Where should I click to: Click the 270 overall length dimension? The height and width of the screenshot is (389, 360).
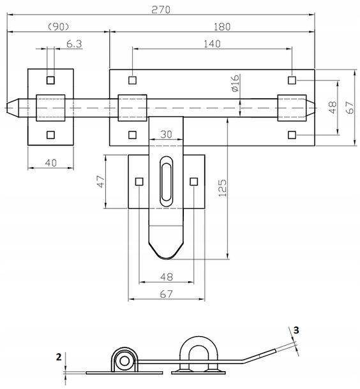pyautogui.click(x=161, y=10)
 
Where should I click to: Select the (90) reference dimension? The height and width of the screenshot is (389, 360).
pyautogui.click(x=58, y=27)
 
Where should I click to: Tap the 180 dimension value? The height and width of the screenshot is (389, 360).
pyautogui.click(x=222, y=27)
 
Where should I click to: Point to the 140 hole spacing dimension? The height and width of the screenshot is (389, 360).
pyautogui.click(x=212, y=44)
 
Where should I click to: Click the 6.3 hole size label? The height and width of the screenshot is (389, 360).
pyautogui.click(x=74, y=44)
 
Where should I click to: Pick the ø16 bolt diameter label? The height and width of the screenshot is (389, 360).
pyautogui.click(x=235, y=83)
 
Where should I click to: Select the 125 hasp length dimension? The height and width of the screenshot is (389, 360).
pyautogui.click(x=223, y=188)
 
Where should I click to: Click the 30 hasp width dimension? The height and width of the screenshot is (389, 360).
pyautogui.click(x=166, y=135)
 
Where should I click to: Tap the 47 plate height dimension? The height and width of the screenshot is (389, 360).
pyautogui.click(x=101, y=181)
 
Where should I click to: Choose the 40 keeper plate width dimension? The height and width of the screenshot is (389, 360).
pyautogui.click(x=50, y=163)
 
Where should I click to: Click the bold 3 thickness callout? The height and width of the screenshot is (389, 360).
pyautogui.click(x=296, y=330)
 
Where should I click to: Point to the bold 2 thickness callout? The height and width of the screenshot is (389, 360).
pyautogui.click(x=59, y=357)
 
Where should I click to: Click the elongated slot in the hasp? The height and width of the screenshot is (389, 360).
pyautogui.click(x=166, y=181)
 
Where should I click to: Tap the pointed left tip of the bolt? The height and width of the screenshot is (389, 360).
pyautogui.click(x=7, y=108)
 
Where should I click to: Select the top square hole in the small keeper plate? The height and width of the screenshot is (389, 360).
pyautogui.click(x=50, y=80)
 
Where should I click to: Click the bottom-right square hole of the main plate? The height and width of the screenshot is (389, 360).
pyautogui.click(x=292, y=135)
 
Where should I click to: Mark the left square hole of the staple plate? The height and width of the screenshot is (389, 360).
pyautogui.click(x=139, y=182)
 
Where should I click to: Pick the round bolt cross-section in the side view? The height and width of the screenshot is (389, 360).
pyautogui.click(x=124, y=361)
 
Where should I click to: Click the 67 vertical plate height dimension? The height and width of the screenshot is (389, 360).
pyautogui.click(x=350, y=107)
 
